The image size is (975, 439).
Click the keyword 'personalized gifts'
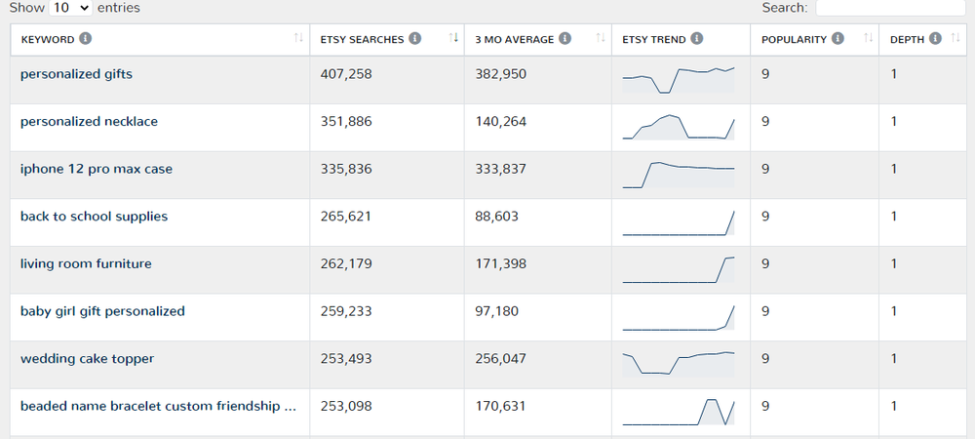pos(76,74)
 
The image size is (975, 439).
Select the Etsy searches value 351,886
pos(346,122)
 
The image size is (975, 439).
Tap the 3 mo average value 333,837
pos(500,169)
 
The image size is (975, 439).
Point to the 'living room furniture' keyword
pos(86,264)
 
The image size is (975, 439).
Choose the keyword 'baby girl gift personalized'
pos(102,311)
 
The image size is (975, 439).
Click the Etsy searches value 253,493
pos(346,359)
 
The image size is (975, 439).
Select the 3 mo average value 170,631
pos(500,406)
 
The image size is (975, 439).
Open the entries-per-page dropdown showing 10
pos(70,8)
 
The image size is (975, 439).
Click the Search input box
pos(889,8)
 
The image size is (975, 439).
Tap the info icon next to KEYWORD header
pos(86,39)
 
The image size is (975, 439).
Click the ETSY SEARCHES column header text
pos(362,40)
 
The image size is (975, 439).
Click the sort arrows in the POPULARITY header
pos(868,39)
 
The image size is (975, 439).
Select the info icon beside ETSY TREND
pos(696,39)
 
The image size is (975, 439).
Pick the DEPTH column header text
pos(907,40)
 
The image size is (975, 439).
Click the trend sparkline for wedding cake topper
pos(679,362)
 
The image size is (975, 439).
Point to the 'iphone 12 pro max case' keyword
pos(97,169)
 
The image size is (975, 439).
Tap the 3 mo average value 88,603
pos(496,217)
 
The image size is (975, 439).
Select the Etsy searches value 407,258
pos(346,74)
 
